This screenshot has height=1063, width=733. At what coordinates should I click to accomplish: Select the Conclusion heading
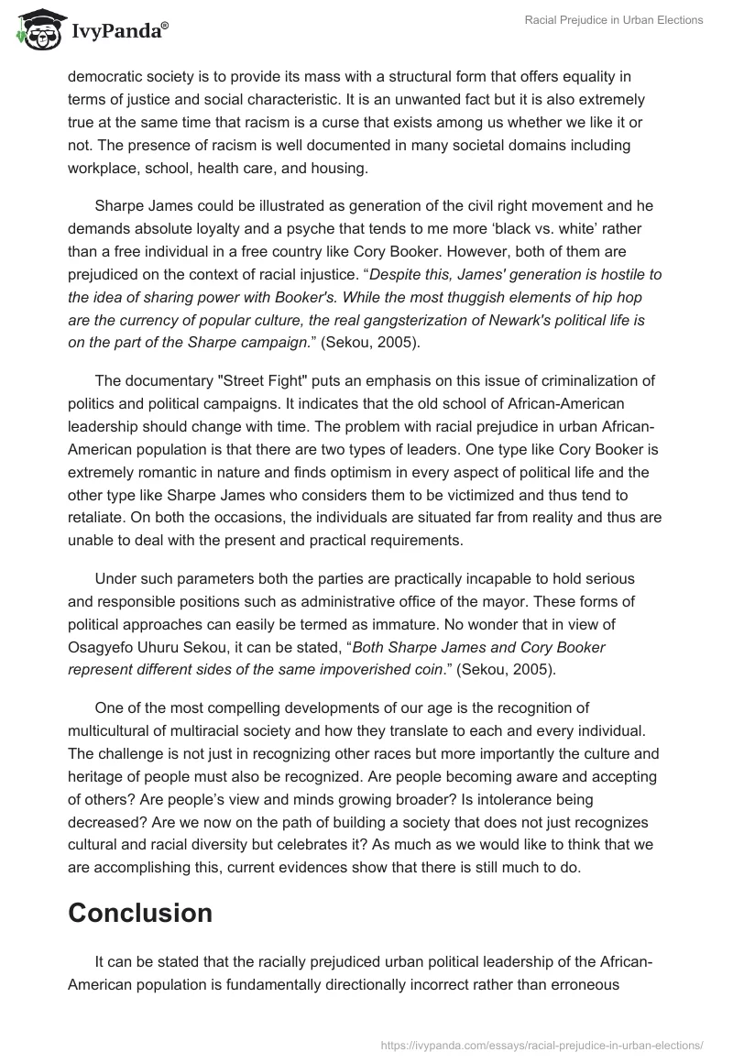tap(140, 913)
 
